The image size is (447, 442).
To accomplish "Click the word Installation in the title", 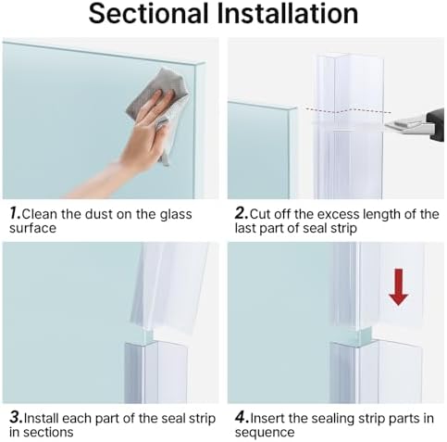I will (286, 14).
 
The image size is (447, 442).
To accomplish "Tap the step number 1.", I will (14, 214).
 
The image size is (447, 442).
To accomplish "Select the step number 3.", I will (14, 419).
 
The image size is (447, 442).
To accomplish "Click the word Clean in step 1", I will (41, 214).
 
